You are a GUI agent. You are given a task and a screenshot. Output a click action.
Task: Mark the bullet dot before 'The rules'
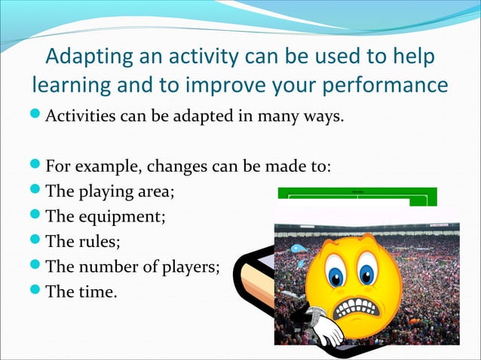tap(37, 242)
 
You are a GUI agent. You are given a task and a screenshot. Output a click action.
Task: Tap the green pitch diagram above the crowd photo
tap(354, 197)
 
